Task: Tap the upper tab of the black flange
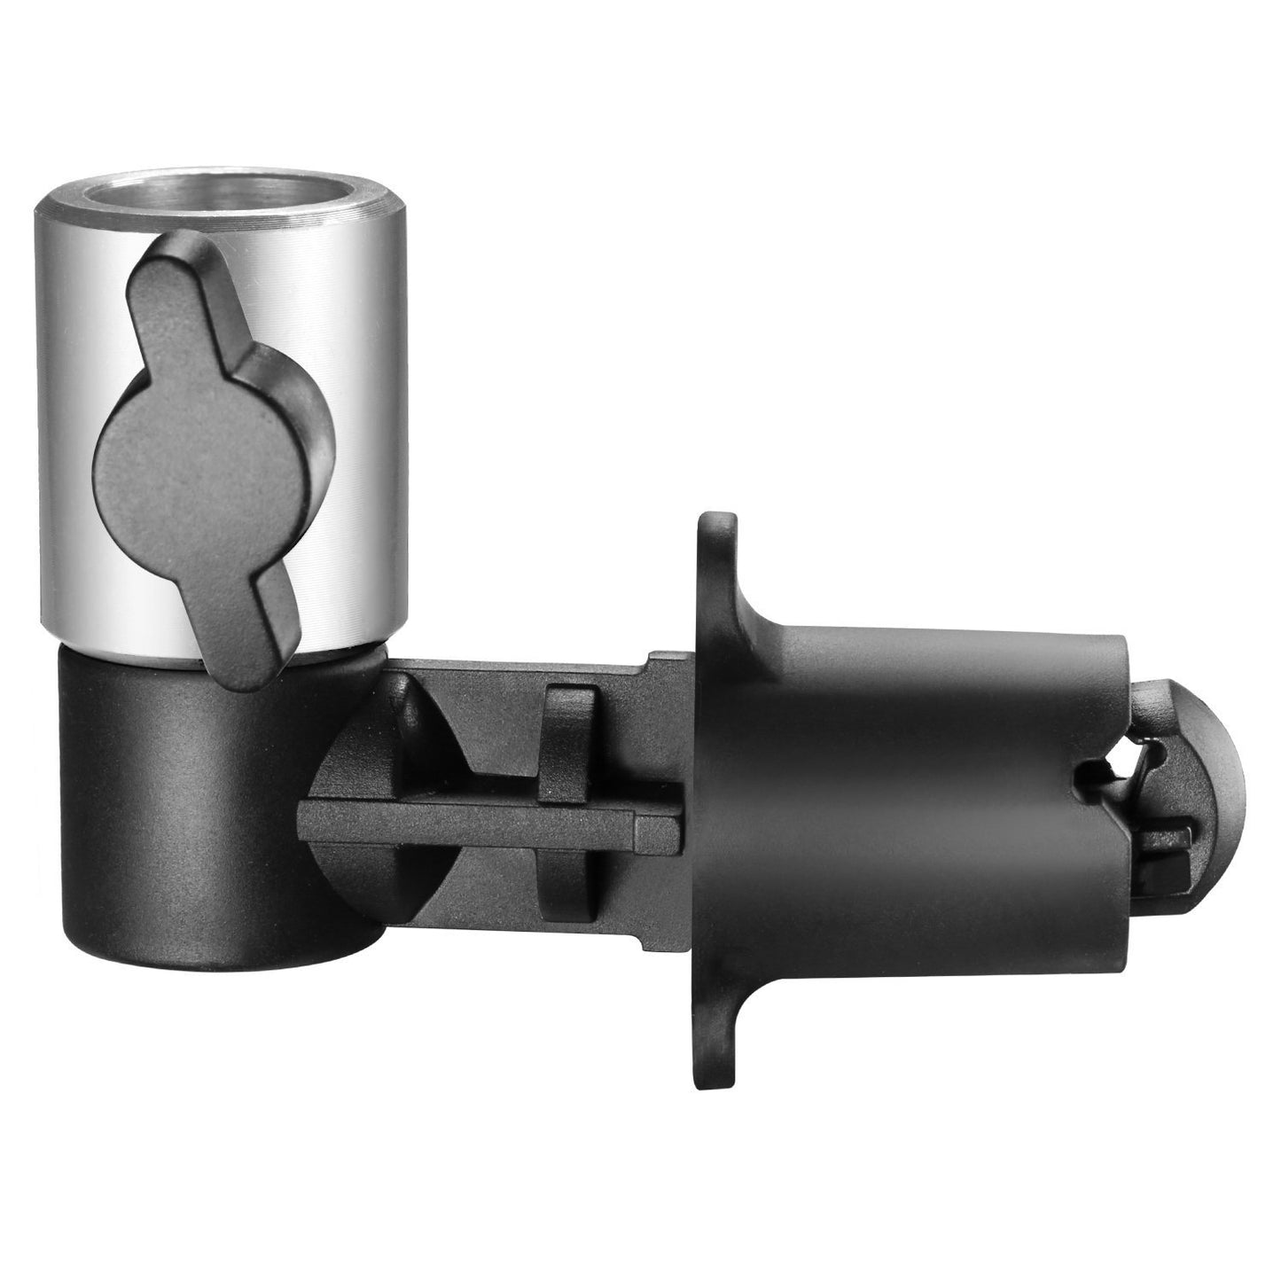[716, 567]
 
